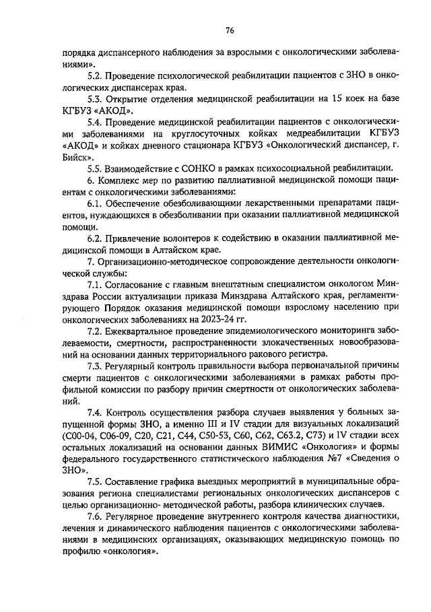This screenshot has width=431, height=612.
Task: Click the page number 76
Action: (x=229, y=30)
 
